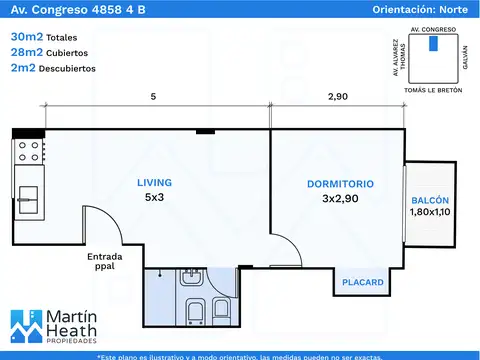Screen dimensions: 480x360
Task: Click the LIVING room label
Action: click(154, 183)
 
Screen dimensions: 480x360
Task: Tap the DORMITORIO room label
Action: click(340, 184)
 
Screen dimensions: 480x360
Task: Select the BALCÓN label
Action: click(430, 200)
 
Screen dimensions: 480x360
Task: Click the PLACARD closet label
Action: click(363, 282)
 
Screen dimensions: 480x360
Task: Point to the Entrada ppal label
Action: click(105, 261)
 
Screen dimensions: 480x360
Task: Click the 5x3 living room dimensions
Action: click(154, 197)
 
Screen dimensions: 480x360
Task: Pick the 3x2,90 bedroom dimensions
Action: click(340, 199)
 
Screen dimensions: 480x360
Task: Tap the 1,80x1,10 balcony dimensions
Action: click(430, 212)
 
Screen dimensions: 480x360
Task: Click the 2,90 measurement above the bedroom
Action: click(338, 97)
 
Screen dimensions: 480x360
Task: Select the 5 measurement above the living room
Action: click(153, 97)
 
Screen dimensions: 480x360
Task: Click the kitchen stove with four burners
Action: click(29, 151)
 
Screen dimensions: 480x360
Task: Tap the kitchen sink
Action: click(28, 200)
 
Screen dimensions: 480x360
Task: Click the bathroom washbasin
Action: click(191, 277)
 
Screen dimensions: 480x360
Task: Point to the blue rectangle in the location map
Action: click(433, 43)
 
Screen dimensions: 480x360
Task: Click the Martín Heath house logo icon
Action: click(27, 327)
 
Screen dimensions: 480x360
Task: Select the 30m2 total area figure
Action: click(27, 37)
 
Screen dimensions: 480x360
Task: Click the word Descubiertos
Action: click(67, 69)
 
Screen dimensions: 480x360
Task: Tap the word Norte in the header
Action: click(453, 9)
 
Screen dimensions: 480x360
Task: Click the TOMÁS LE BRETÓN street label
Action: click(433, 90)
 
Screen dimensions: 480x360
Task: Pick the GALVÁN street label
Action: click(465, 57)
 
